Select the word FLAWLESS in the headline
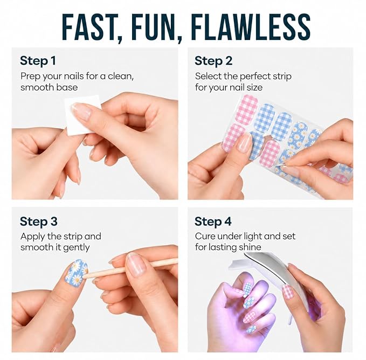click(x=251, y=27)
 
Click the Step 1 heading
click(x=38, y=61)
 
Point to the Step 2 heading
click(x=213, y=61)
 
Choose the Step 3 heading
click(x=38, y=221)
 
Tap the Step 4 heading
click(x=213, y=221)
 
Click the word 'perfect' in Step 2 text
click(x=254, y=77)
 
